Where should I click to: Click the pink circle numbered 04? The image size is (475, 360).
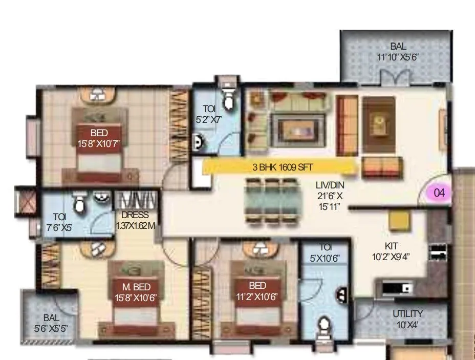click(x=439, y=193)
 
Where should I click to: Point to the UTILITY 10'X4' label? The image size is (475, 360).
click(x=407, y=317)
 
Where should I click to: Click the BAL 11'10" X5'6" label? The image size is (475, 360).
click(x=398, y=52)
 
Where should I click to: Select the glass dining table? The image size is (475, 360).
click(x=271, y=200)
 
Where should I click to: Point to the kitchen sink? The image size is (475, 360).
click(x=401, y=288)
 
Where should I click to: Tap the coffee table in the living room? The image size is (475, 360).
click(x=292, y=126)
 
